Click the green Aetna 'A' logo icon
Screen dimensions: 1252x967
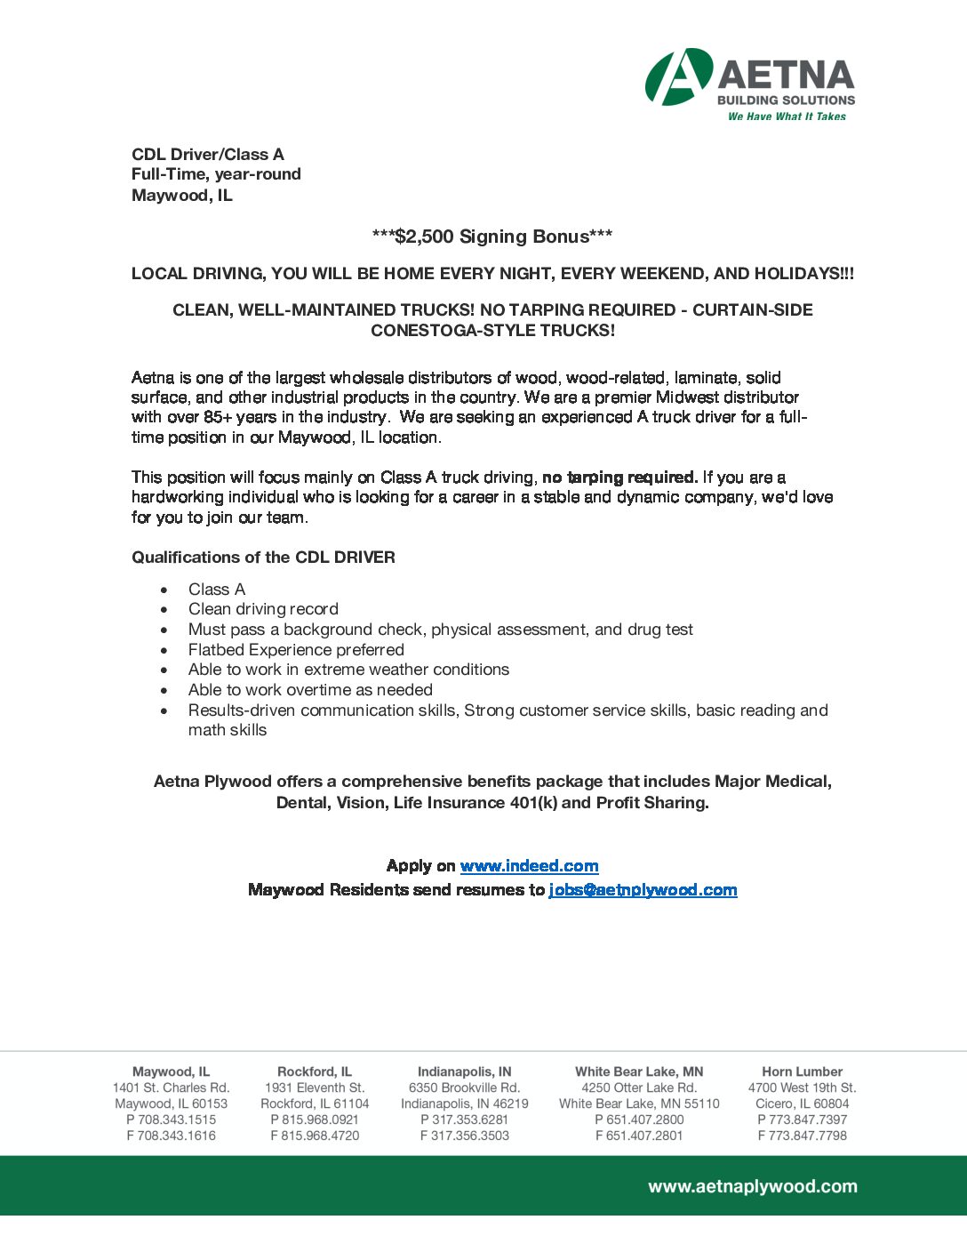tap(678, 76)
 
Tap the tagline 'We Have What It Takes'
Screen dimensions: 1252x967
tap(787, 116)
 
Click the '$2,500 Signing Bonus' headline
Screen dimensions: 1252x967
tap(491, 237)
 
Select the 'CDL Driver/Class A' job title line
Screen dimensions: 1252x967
tap(208, 155)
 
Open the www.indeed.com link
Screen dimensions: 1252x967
tap(529, 866)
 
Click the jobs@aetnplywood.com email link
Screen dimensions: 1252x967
tap(643, 890)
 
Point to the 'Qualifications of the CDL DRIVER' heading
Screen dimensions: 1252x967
tap(263, 558)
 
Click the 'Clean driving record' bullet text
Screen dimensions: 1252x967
tap(263, 609)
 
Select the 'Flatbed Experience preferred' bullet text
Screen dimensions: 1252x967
tap(296, 650)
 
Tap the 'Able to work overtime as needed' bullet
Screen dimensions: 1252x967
tap(310, 690)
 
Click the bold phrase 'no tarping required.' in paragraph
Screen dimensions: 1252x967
tap(619, 478)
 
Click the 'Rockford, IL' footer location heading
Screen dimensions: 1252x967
tap(315, 1071)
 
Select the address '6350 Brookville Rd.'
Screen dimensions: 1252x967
tap(464, 1087)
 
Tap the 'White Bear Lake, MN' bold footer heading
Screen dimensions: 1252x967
tap(639, 1071)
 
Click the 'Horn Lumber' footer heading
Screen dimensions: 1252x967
tap(802, 1071)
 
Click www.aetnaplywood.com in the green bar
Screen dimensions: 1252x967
tap(753, 1186)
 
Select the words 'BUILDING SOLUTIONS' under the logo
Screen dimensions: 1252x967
tap(786, 100)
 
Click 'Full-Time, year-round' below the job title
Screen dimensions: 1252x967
tap(216, 174)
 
